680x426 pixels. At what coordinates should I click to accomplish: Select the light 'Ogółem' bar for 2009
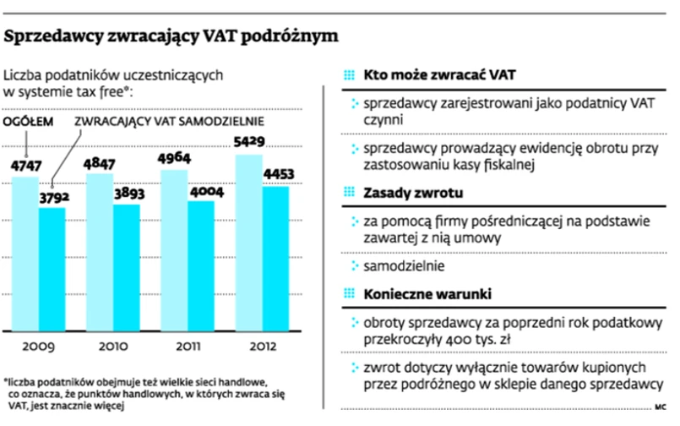point(25,254)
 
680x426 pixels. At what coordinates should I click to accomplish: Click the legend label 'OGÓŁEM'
point(30,123)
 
